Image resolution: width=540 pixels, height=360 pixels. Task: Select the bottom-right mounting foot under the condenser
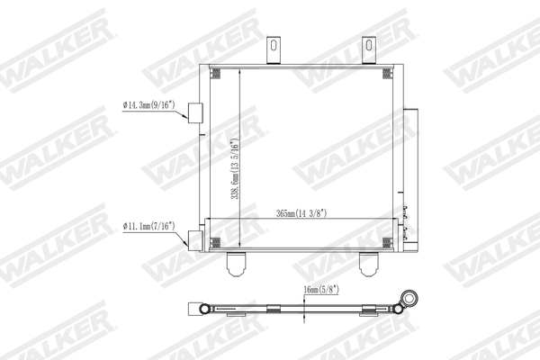coord(370,263)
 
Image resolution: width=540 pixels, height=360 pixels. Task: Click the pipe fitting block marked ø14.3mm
coord(194,112)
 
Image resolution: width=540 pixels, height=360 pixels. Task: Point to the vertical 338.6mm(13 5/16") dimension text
coord(234,171)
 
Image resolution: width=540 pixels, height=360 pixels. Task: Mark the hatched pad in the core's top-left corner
coord(216,72)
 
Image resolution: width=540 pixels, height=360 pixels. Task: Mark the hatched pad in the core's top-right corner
coord(391,72)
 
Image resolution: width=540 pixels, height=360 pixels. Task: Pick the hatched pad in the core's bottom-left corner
coord(216,240)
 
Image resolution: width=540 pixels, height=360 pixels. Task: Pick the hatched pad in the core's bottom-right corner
coord(391,240)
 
